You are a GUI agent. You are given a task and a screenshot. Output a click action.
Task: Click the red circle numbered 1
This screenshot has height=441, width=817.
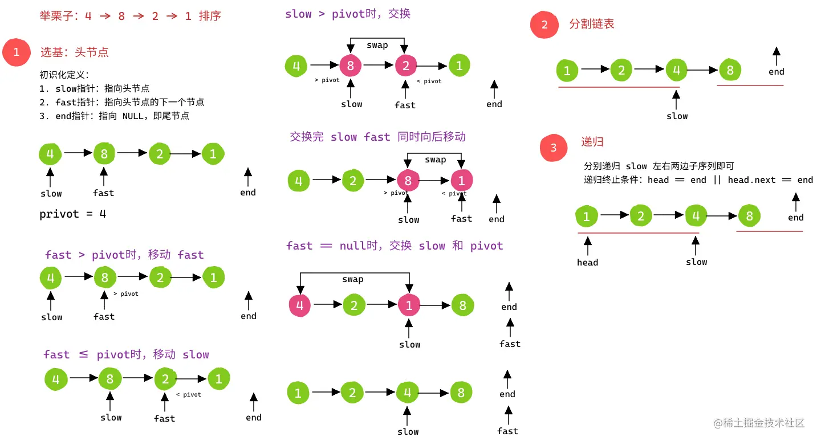16,52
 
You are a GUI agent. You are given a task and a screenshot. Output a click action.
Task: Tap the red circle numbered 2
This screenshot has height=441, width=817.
544,24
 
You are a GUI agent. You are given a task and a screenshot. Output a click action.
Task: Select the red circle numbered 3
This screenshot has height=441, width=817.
553,148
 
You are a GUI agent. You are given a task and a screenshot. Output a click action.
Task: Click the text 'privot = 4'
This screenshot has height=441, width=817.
72,214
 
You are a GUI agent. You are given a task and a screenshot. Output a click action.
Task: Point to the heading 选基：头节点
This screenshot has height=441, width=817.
74,52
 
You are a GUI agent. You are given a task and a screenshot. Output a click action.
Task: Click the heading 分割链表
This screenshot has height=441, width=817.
592,24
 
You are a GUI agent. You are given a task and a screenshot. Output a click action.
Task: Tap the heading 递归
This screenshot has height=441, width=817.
592,142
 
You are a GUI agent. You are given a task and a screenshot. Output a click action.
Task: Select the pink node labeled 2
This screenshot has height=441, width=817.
405,66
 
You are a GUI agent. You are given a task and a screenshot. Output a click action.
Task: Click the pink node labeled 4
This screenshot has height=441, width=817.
300,306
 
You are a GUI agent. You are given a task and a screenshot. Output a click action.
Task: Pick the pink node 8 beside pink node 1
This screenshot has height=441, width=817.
408,181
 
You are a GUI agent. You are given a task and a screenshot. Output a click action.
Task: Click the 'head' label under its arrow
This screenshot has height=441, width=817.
587,263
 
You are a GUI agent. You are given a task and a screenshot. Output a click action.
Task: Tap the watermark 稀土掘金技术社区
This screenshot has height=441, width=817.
759,423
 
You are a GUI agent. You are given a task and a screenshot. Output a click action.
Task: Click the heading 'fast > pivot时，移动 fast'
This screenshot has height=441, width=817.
124,255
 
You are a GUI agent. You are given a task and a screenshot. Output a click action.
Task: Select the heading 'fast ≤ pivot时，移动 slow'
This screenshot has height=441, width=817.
126,354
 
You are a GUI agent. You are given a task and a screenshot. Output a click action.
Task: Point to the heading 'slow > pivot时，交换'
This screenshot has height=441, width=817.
348,14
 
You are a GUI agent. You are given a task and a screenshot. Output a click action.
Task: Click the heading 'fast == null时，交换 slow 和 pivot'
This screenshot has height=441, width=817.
395,246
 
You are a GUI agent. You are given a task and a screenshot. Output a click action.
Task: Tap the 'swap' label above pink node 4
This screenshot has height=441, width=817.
352,279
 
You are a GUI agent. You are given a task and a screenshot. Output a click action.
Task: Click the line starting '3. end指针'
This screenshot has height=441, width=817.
114,116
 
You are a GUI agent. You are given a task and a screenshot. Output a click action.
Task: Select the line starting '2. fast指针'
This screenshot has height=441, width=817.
122,102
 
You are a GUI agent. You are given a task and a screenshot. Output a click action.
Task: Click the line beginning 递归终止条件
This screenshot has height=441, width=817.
698,180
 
